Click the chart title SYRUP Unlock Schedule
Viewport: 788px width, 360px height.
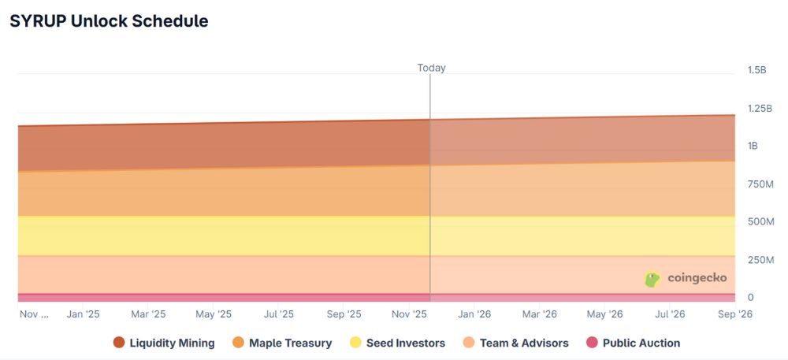click(x=109, y=21)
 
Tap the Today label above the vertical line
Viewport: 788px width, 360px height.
click(x=431, y=68)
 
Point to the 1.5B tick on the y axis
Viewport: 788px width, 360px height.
click(x=756, y=70)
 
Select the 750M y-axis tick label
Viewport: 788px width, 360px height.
click(x=760, y=184)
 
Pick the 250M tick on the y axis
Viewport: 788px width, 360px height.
click(x=760, y=259)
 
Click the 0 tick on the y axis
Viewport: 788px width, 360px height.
click(x=751, y=297)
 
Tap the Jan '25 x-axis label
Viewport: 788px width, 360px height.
click(x=83, y=314)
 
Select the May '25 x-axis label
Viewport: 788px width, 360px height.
click(x=213, y=314)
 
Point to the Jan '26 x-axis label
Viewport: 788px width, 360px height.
click(x=474, y=314)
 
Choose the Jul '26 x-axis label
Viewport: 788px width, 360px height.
click(x=671, y=314)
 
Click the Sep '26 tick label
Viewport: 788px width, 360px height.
click(x=734, y=314)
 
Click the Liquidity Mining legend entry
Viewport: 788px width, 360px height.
click(x=164, y=343)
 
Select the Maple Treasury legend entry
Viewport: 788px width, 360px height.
click(x=282, y=343)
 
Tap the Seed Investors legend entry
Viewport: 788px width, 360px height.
click(x=397, y=343)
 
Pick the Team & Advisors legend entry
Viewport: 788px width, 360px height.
click(x=515, y=343)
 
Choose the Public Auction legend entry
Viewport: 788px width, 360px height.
click(x=634, y=343)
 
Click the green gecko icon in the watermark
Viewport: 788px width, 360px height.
click(x=652, y=279)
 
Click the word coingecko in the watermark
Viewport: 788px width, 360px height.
click(x=697, y=278)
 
